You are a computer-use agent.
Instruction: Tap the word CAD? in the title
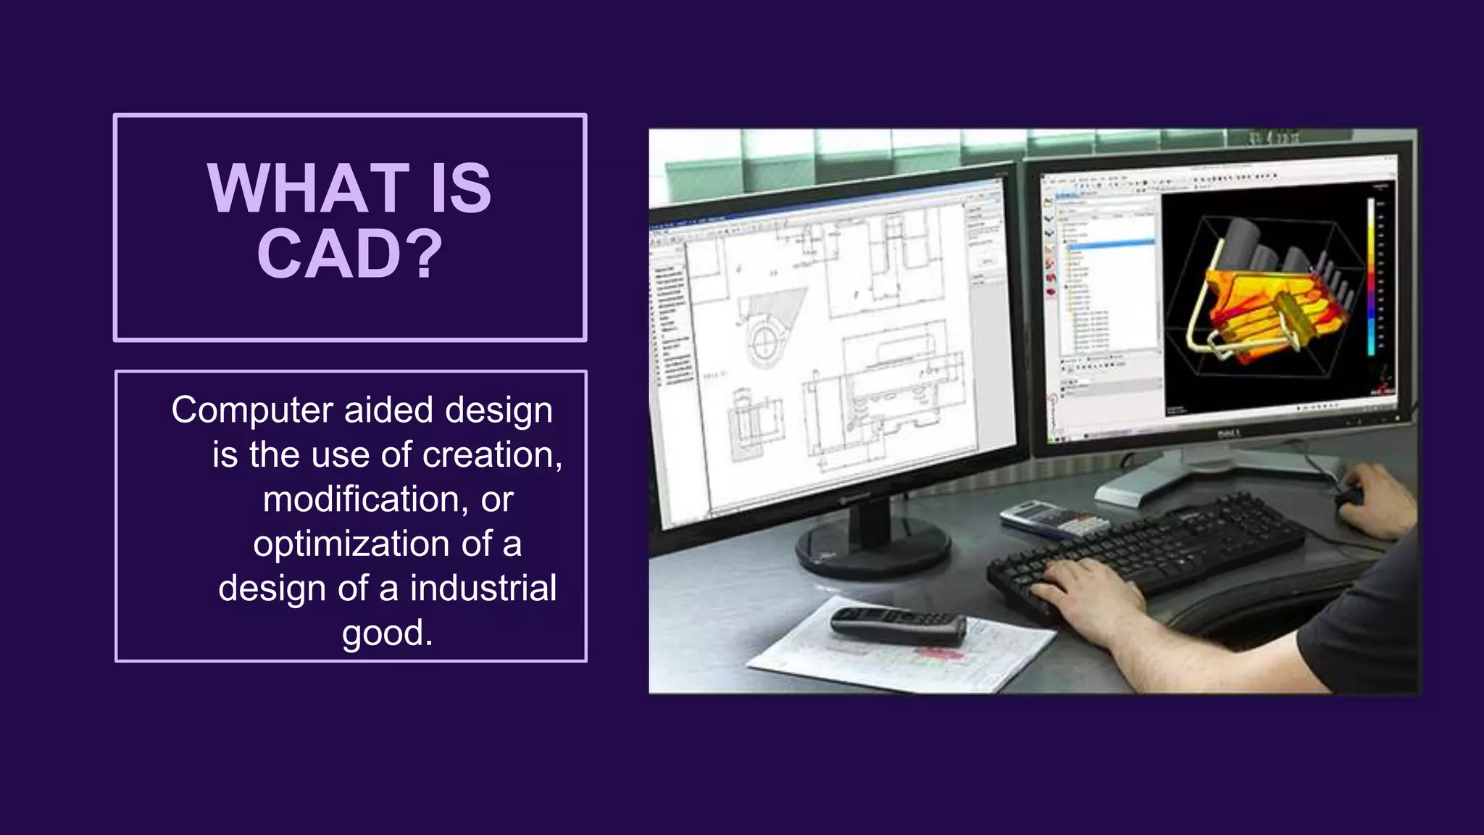(349, 254)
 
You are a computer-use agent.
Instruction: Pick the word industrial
(483, 588)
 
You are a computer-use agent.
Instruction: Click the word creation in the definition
(488, 454)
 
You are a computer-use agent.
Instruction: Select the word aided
(389, 410)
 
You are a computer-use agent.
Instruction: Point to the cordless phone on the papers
(899, 626)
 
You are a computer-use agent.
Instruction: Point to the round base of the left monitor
(872, 547)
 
